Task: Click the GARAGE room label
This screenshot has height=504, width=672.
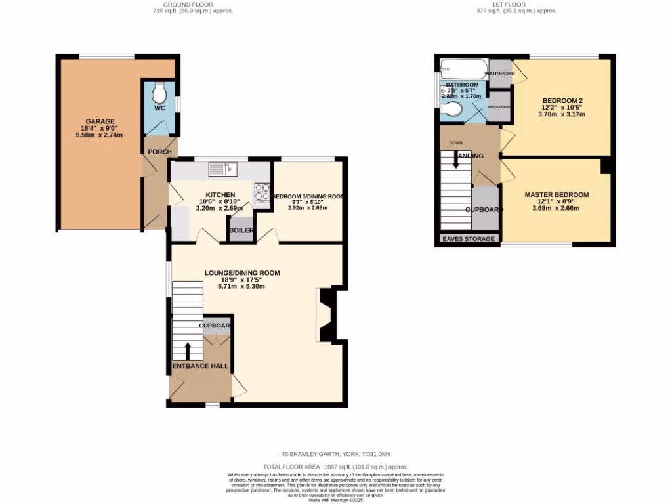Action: point(98,121)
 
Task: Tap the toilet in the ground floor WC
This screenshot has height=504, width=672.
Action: point(159,92)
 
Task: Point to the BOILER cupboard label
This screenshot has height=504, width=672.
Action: point(240,230)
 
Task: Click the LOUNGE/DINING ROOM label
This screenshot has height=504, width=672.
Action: point(242,273)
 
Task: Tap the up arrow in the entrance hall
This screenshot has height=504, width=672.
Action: point(189,350)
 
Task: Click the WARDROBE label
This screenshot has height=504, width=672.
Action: point(499,74)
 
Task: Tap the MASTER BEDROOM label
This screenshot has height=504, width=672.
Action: point(556,195)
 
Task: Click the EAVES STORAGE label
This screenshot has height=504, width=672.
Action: point(469,239)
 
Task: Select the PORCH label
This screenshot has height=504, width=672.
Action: point(159,152)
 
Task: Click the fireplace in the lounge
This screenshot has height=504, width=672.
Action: point(326,316)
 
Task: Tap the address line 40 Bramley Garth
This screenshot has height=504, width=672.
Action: point(335,453)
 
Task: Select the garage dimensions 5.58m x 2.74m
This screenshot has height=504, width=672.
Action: point(99,135)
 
